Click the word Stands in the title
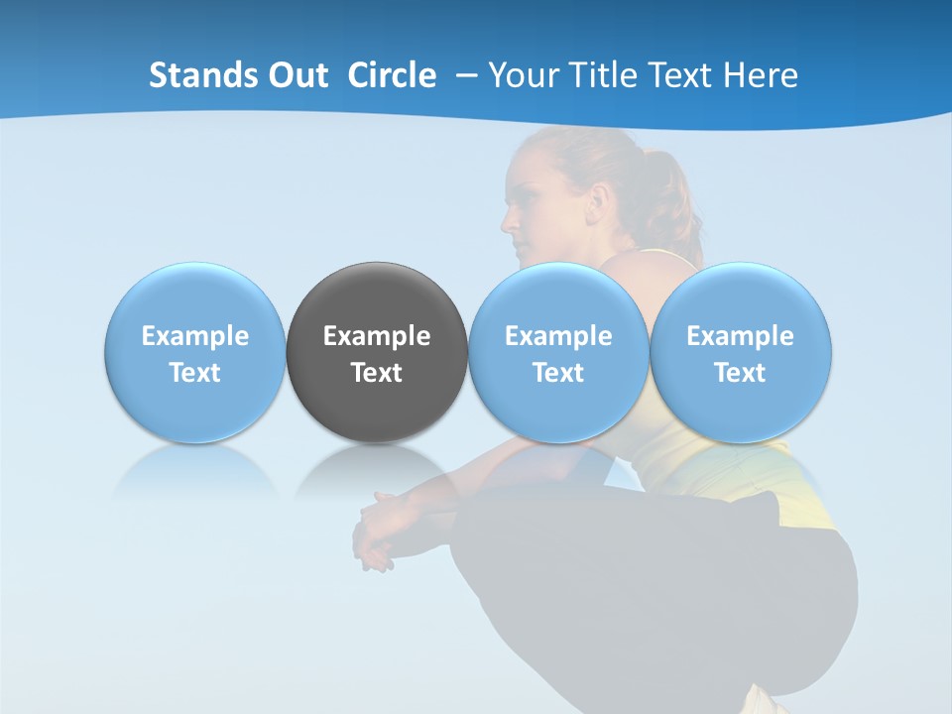[204, 75]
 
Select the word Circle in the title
[392, 75]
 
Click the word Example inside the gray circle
[377, 336]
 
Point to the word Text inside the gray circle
[377, 373]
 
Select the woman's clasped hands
[377, 531]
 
